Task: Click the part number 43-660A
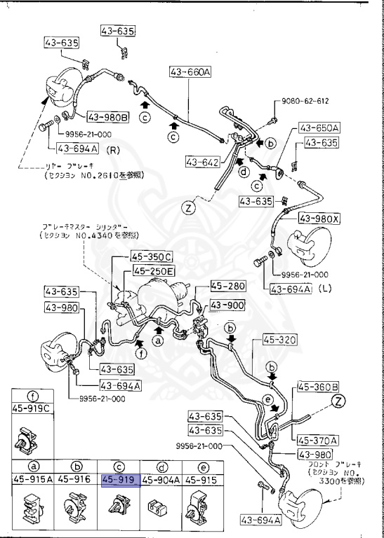tap(190, 71)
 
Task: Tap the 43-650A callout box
tap(319, 128)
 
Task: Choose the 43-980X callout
tap(318, 219)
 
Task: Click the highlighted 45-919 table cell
tap(121, 481)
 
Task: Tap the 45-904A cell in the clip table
tap(160, 481)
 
